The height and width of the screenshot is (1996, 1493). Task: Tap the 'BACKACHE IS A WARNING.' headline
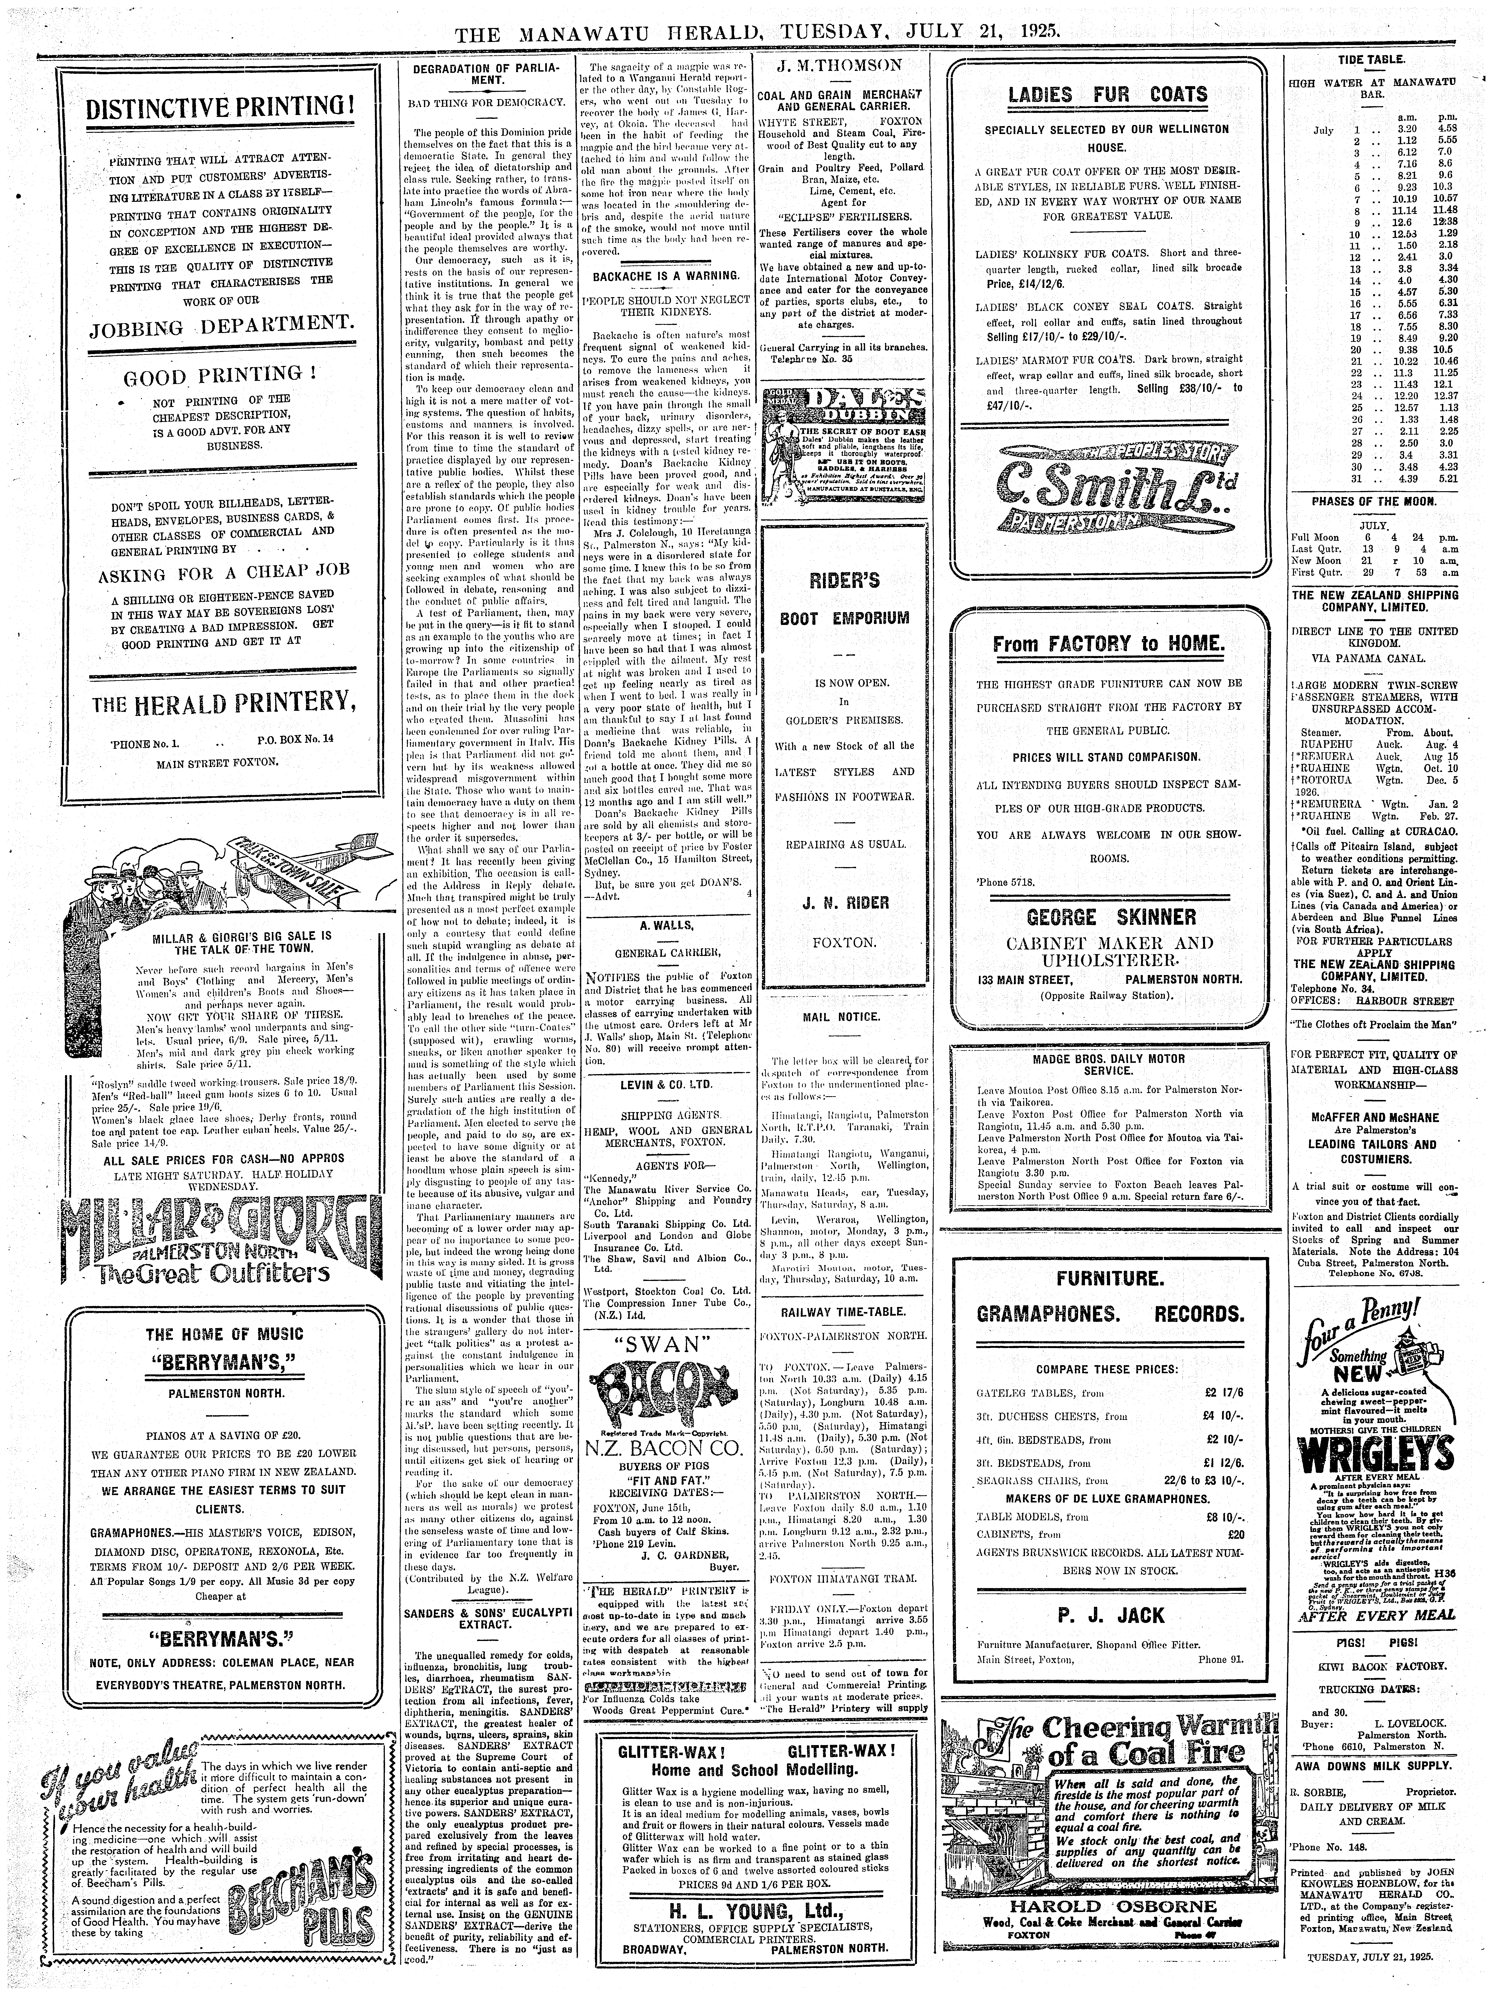(666, 274)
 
